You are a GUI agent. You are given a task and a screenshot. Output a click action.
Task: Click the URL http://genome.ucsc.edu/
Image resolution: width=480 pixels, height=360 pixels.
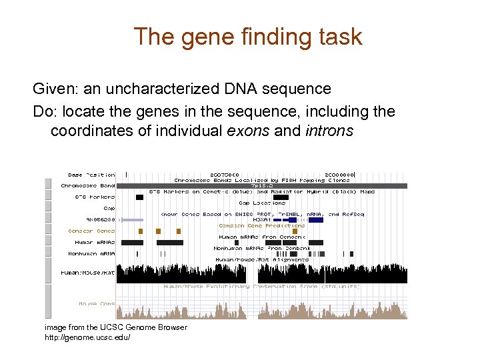click(87, 337)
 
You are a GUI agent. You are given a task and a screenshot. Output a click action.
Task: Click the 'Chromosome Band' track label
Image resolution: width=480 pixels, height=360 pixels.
click(88, 185)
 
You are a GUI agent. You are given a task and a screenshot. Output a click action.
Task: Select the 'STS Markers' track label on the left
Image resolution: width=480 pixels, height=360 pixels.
click(95, 197)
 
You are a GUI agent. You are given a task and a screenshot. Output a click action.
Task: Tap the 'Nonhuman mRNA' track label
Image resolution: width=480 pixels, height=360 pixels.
click(91, 253)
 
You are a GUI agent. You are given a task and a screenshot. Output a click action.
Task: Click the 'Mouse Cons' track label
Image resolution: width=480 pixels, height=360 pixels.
click(97, 304)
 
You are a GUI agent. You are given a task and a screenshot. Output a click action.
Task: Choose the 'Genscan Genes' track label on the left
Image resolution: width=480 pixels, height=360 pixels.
click(91, 231)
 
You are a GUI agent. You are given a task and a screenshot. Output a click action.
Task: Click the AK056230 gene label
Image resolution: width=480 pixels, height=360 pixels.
click(101, 219)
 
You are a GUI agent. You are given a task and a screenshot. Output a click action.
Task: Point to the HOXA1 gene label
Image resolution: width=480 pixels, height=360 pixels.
click(262, 219)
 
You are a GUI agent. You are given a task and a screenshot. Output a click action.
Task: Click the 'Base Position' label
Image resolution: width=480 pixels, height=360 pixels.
click(91, 175)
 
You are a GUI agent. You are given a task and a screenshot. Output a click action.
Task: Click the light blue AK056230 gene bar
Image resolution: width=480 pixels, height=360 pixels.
click(131, 219)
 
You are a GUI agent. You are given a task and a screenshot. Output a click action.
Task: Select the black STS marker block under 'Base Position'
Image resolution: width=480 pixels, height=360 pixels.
click(139, 197)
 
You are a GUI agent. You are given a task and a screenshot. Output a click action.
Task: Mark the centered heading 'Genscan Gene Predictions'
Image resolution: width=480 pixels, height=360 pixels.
click(262, 225)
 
